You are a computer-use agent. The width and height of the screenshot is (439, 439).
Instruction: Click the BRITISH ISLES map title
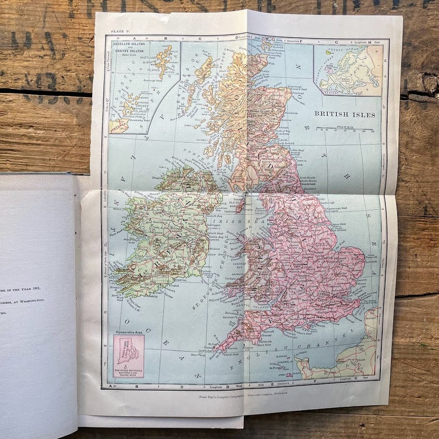pos(344,114)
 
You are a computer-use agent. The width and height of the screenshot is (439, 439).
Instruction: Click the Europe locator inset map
pos(348,70)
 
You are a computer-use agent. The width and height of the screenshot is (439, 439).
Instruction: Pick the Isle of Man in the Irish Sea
pos(239,205)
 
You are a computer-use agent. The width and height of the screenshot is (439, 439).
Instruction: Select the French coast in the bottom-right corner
pos(343,359)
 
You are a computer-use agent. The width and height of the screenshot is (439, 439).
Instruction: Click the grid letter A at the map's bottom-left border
pos(111,386)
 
